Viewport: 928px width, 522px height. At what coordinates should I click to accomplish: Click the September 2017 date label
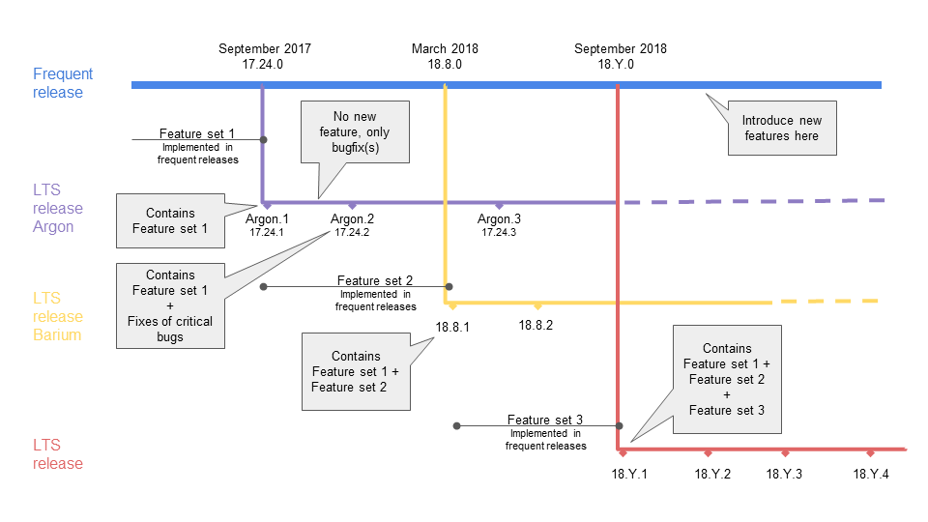click(x=265, y=48)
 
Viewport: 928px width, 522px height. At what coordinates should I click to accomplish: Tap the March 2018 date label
click(x=445, y=48)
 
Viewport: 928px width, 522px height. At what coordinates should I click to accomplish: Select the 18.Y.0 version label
click(x=620, y=65)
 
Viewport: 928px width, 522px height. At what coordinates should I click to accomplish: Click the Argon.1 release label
click(x=268, y=219)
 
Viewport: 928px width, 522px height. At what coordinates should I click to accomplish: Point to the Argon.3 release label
click(x=499, y=219)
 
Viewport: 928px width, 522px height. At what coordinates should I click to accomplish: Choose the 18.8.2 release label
click(x=536, y=325)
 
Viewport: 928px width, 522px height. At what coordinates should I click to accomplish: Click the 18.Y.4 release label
click(x=871, y=474)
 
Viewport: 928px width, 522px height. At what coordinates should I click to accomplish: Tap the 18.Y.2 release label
click(x=712, y=474)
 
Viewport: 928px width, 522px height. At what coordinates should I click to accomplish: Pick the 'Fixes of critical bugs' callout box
click(x=170, y=305)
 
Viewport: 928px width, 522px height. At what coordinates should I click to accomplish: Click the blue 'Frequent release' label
click(x=63, y=83)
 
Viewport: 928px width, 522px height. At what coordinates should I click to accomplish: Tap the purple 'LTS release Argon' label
click(x=58, y=209)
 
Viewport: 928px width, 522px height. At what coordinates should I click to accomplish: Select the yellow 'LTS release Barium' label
click(x=58, y=317)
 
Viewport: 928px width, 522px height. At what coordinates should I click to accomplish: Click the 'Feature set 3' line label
click(x=545, y=420)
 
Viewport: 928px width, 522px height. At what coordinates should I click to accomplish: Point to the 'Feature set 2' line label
click(x=375, y=280)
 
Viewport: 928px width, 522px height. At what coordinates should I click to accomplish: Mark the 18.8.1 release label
click(x=452, y=328)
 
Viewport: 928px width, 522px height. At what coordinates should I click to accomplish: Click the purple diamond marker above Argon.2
click(x=352, y=206)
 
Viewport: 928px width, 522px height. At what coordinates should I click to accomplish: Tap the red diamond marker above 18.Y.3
click(x=785, y=453)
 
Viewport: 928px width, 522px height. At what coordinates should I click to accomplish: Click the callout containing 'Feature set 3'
click(x=727, y=380)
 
